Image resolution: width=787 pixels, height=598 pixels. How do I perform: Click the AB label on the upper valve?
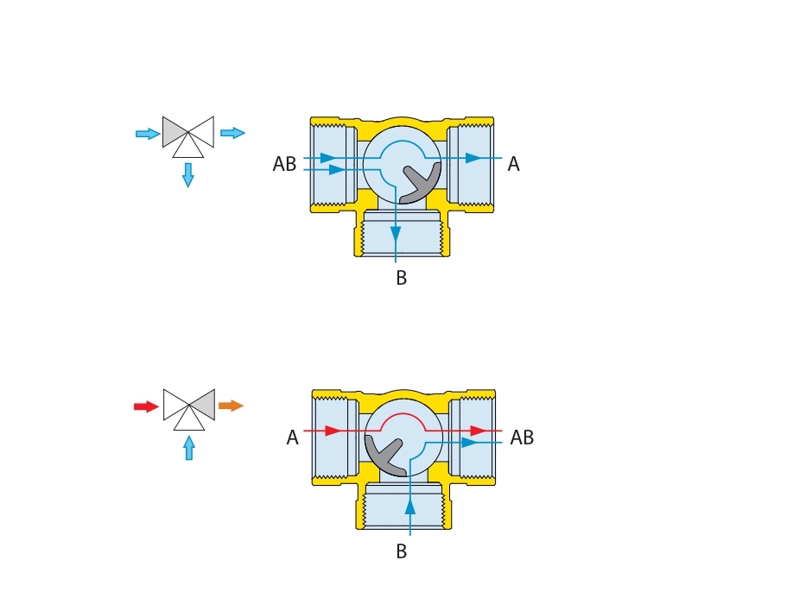tap(284, 165)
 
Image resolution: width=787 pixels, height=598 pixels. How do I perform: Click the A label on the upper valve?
tap(513, 165)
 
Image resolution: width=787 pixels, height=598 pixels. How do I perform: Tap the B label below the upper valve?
tap(401, 279)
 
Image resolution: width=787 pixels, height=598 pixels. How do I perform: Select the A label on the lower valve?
tap(292, 438)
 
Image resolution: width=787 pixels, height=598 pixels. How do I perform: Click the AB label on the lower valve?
tap(522, 438)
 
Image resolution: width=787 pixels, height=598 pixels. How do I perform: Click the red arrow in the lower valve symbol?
tap(146, 406)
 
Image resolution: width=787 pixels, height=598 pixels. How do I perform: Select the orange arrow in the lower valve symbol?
tap(231, 406)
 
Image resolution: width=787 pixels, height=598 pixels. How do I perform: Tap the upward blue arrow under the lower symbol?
tap(189, 447)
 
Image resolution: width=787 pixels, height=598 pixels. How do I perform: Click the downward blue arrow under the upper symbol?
tap(188, 175)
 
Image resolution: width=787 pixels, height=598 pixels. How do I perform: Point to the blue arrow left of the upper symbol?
tap(148, 134)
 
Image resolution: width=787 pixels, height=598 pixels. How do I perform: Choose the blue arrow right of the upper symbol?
tap(232, 133)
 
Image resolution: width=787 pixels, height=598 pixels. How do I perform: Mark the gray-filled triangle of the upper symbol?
tap(176, 132)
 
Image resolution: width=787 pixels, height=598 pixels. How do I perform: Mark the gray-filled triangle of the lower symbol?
tap(202, 404)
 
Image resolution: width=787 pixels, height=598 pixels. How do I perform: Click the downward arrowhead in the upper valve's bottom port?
tap(396, 234)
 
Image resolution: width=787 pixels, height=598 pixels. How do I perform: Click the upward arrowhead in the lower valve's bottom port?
tap(410, 507)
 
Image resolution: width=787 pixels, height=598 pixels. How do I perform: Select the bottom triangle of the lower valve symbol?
tap(189, 420)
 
